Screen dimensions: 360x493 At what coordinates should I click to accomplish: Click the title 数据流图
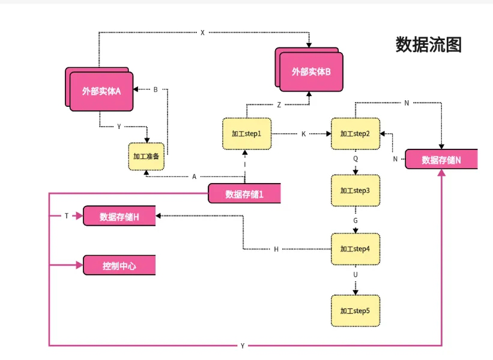point(429,44)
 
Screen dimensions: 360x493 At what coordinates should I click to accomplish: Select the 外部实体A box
point(101,92)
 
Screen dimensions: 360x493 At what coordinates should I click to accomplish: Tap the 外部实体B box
point(312,71)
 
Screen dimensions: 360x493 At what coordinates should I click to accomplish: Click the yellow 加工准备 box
point(147,156)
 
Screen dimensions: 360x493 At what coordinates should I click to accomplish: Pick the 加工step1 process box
point(246,133)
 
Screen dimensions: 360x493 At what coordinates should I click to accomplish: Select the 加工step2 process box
point(355,133)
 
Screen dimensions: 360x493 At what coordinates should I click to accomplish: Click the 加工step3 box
point(355,190)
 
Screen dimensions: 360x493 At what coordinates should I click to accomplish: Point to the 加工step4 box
point(355,248)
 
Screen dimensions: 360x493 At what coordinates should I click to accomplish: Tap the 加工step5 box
point(355,311)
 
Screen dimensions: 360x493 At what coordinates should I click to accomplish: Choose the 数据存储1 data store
point(244,194)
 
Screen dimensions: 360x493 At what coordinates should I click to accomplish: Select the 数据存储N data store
point(441,160)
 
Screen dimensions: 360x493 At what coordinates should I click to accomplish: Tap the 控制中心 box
point(119,265)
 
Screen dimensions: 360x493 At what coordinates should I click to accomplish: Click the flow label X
point(202,32)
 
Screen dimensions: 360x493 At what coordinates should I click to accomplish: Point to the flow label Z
point(279,104)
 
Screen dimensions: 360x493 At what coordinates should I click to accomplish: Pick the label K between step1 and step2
point(303,133)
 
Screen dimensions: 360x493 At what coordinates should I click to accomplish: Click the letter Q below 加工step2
point(355,159)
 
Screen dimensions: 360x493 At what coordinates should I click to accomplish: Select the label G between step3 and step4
point(355,220)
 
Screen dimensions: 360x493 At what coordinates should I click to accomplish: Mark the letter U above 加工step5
point(355,274)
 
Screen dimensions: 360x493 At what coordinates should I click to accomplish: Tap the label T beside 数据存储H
point(67,215)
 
